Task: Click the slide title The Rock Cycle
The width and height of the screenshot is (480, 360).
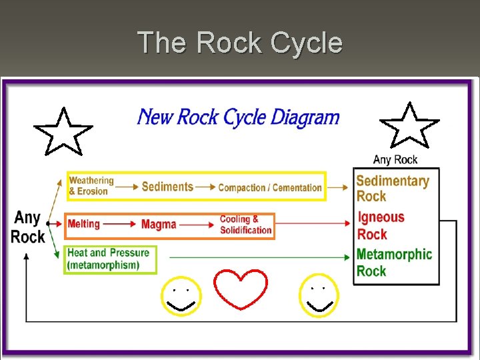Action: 240,43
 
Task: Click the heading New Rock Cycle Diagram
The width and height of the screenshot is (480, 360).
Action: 238,118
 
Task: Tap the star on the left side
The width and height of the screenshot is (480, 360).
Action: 63,131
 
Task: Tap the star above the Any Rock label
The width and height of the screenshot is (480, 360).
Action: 409,126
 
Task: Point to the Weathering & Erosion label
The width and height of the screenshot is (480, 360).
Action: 91,186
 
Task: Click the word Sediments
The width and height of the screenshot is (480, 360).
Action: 167,187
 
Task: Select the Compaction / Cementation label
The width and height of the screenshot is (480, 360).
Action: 270,188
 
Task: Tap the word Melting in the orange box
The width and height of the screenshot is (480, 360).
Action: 83,224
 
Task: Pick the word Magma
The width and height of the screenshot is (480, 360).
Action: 159,225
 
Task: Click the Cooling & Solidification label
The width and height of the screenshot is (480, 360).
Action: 245,225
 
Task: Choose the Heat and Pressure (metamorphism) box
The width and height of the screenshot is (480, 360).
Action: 110,259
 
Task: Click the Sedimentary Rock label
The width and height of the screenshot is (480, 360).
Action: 392,188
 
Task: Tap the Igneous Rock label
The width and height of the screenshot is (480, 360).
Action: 381,225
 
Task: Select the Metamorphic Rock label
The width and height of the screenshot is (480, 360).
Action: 394,262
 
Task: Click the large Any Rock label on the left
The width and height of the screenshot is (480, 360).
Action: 28,227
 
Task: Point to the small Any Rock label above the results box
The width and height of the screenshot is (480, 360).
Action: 395,159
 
